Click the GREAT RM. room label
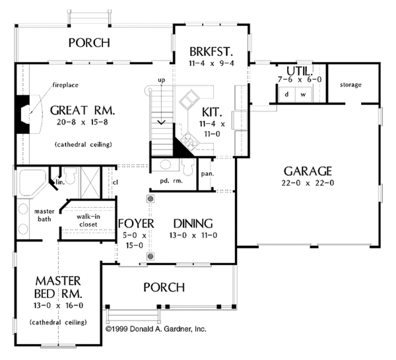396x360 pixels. pos(82,111)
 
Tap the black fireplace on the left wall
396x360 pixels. pos(22,114)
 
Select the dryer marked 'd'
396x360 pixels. pos(286,94)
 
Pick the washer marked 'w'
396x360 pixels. pos(304,94)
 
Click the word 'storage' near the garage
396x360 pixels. pos(350,85)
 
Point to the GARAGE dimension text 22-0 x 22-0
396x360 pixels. pos(308,183)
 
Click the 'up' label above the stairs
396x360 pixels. pos(162,80)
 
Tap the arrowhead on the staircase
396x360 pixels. pos(162,123)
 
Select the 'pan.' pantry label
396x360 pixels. pos(207,174)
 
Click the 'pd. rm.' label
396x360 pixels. pos(171,181)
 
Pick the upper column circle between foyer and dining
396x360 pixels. pos(150,199)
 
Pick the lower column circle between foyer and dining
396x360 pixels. pos(150,256)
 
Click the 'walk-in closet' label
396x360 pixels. pos(88,220)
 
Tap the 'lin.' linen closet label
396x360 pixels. pos(60,182)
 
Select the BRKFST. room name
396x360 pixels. pos(211,51)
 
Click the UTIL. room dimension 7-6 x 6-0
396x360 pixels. pos(300,80)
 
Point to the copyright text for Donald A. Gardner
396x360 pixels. pos(156,329)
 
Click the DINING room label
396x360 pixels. pos(193,224)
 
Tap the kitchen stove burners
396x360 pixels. pos(190,140)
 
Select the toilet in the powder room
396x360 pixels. pos(188,166)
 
